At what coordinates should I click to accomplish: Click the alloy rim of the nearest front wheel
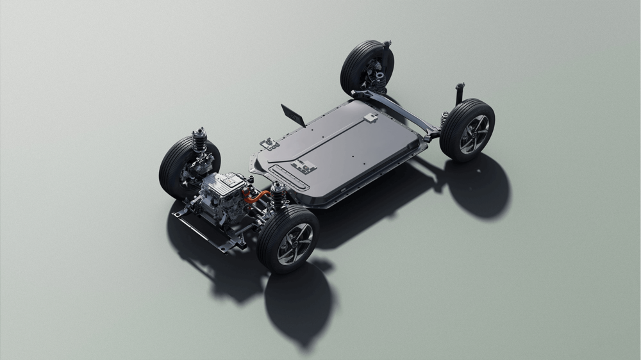295,244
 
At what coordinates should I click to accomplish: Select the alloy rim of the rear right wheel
474,134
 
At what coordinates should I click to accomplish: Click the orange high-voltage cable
259,194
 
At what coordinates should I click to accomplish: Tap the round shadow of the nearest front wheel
298,301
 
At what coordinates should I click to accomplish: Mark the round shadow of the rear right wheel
478,186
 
